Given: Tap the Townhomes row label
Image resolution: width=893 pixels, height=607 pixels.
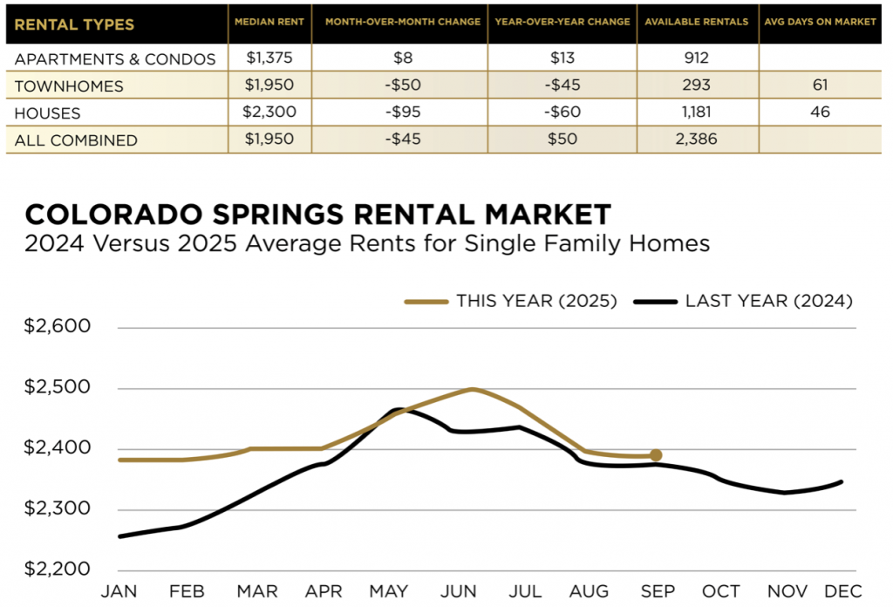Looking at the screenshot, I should [70, 86].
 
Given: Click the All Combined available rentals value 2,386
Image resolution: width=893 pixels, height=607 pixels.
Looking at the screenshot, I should [696, 140].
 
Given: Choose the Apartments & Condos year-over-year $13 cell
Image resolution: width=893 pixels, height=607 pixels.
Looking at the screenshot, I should [562, 59].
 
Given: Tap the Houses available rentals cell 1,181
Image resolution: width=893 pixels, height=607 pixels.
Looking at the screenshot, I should [696, 113].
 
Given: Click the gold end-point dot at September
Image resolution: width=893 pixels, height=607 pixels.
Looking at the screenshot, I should [656, 455].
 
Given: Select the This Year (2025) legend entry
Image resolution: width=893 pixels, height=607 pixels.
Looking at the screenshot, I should [511, 301].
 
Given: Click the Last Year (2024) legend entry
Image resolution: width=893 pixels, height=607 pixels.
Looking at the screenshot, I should [744, 301].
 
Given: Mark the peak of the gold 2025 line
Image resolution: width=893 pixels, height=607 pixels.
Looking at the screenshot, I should [472, 389].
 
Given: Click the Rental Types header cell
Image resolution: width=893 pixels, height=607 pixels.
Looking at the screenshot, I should [75, 24].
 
